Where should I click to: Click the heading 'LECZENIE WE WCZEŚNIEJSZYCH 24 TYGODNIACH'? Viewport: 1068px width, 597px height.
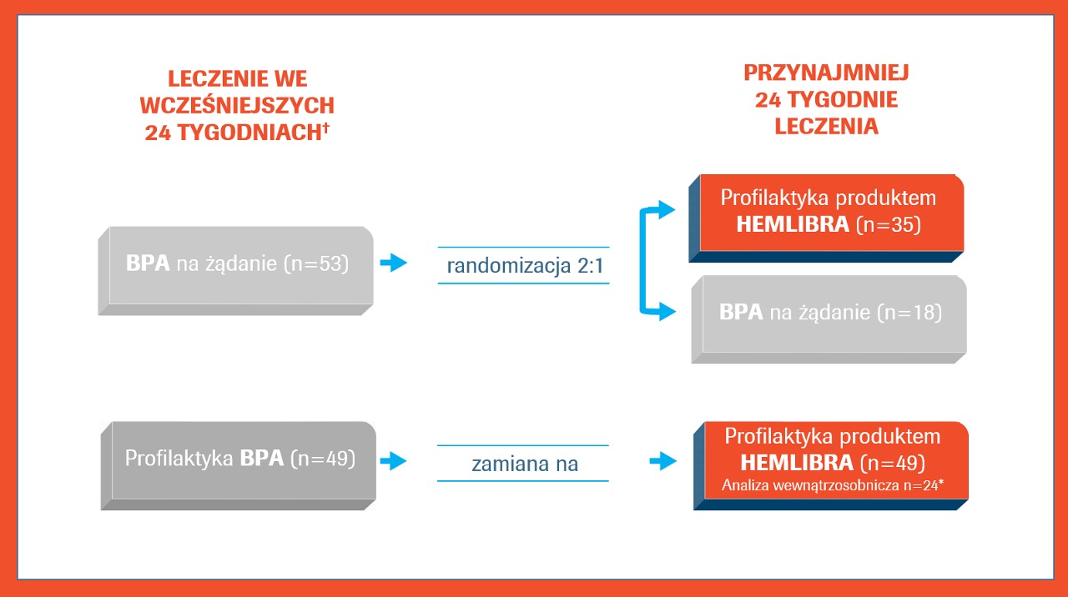click(x=237, y=105)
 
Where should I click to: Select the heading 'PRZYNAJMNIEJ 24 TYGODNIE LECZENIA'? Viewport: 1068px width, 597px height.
click(x=826, y=99)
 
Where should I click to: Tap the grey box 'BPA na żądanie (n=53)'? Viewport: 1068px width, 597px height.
click(x=236, y=271)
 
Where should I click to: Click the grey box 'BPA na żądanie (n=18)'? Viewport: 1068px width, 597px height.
click(x=829, y=319)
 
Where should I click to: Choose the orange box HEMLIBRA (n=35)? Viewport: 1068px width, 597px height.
click(x=826, y=218)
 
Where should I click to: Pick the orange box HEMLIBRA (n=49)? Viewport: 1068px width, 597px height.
click(x=831, y=465)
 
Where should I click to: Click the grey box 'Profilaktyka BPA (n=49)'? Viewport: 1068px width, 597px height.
click(x=239, y=465)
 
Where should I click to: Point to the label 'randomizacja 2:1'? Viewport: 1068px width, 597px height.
click(x=525, y=265)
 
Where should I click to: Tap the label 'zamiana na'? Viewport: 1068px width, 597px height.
click(x=525, y=464)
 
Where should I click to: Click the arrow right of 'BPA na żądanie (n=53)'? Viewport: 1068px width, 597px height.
click(x=393, y=263)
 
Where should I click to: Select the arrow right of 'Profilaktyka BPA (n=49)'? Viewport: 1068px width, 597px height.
click(x=393, y=461)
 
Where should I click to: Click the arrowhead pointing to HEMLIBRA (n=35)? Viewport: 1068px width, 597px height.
click(x=667, y=209)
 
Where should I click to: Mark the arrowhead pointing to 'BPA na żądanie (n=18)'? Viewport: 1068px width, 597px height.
click(x=667, y=312)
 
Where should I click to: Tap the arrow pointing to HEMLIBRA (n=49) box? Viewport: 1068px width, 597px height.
click(x=663, y=461)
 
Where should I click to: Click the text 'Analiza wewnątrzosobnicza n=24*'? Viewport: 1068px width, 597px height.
click(x=833, y=485)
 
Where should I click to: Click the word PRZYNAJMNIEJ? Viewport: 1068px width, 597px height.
click(x=826, y=73)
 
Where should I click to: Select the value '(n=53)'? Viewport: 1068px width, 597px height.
click(x=316, y=263)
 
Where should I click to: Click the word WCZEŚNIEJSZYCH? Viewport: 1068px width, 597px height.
click(x=237, y=105)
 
